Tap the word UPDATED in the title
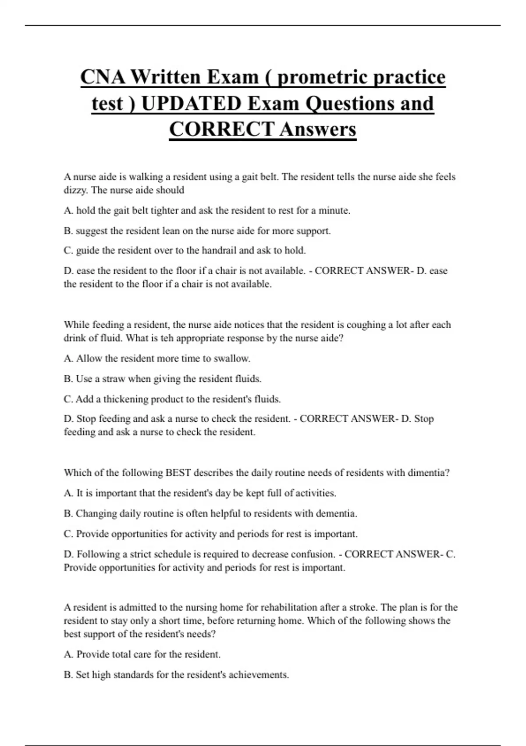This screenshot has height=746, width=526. (192, 104)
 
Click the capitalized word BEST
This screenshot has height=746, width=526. (178, 473)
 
